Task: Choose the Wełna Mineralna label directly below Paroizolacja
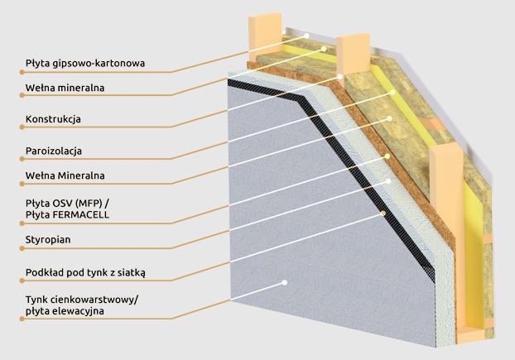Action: click(x=65, y=175)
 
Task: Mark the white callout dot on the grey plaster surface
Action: click(x=284, y=283)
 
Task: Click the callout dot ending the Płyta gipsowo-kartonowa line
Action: click(x=308, y=36)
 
